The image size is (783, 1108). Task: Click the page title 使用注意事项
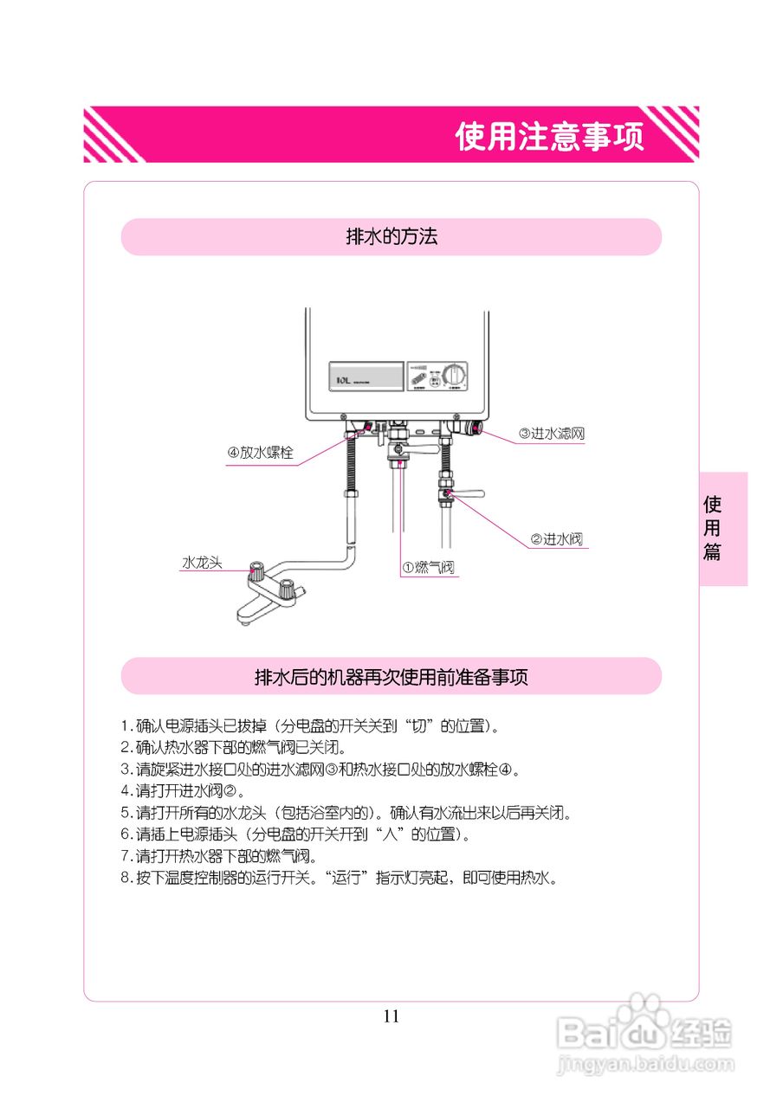coord(550,136)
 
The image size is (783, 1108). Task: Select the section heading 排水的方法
coord(391,237)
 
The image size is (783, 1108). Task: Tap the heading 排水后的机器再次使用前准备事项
coord(391,677)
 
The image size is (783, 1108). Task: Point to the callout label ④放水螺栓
coord(261,453)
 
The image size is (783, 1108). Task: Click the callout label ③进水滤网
coord(551,434)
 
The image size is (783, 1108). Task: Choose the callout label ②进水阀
coord(556,539)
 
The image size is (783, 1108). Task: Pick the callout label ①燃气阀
coord(428,567)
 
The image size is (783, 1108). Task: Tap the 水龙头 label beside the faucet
coord(202,563)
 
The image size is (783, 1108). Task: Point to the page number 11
coord(391,1016)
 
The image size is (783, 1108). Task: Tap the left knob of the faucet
coord(257,571)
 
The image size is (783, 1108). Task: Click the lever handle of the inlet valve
coord(468,494)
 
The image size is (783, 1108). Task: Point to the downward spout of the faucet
coord(245,617)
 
